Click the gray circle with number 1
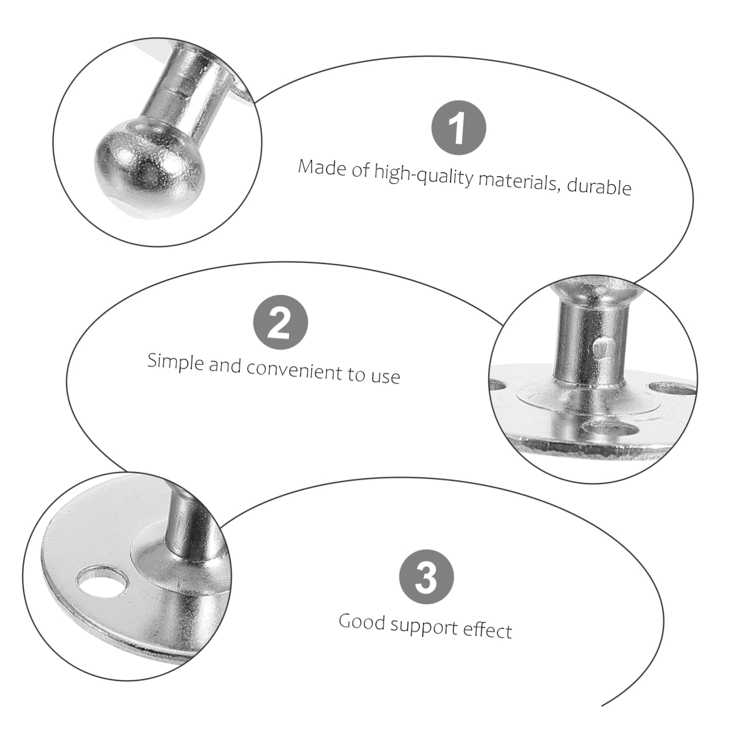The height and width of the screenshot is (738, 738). pos(458,128)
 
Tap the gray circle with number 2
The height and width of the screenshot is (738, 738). pos(280,322)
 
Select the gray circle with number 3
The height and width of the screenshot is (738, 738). pos(426,576)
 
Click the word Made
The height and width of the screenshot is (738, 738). pos(322,167)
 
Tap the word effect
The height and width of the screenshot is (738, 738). pos(487,630)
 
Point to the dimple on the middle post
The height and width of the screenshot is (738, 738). pos(599,347)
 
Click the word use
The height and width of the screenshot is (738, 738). pos(385,376)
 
